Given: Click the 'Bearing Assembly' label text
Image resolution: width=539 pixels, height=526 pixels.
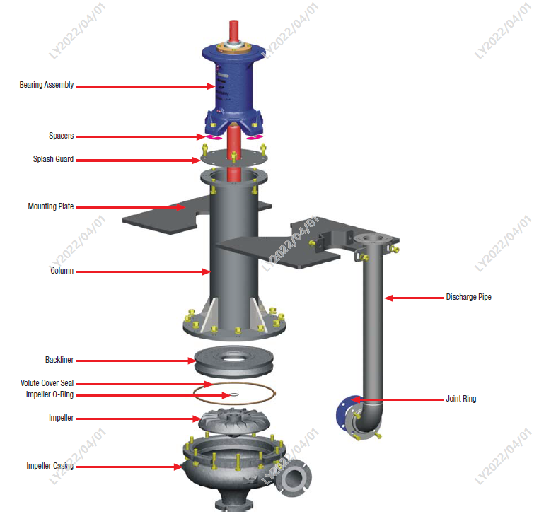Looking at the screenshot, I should pos(46,86).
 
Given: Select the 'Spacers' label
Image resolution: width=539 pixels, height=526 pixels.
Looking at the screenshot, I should pos(61,136).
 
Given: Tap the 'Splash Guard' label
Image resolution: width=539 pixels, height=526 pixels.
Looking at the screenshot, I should pos(53,159).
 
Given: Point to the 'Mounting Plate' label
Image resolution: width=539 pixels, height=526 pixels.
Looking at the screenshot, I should pos(50,207).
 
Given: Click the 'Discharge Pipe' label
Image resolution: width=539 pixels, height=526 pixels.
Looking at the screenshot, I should pos(468,297).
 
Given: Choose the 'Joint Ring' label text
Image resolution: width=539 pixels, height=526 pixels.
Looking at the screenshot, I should pos(460,399).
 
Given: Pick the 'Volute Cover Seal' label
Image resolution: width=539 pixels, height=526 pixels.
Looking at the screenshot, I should pos(47,383).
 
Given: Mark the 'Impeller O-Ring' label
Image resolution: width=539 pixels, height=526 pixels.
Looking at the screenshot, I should pos(50,394).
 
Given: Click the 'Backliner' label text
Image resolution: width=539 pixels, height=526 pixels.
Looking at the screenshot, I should pos(59,360).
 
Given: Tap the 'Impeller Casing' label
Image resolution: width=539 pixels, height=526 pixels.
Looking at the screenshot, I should pos(50,466).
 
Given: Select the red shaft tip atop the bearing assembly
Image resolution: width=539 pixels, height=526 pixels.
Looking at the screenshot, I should pos(233,32).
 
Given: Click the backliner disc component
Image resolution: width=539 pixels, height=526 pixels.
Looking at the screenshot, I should pos(232,360).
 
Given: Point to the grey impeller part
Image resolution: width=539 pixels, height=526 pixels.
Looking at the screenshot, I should pos(233,421).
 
